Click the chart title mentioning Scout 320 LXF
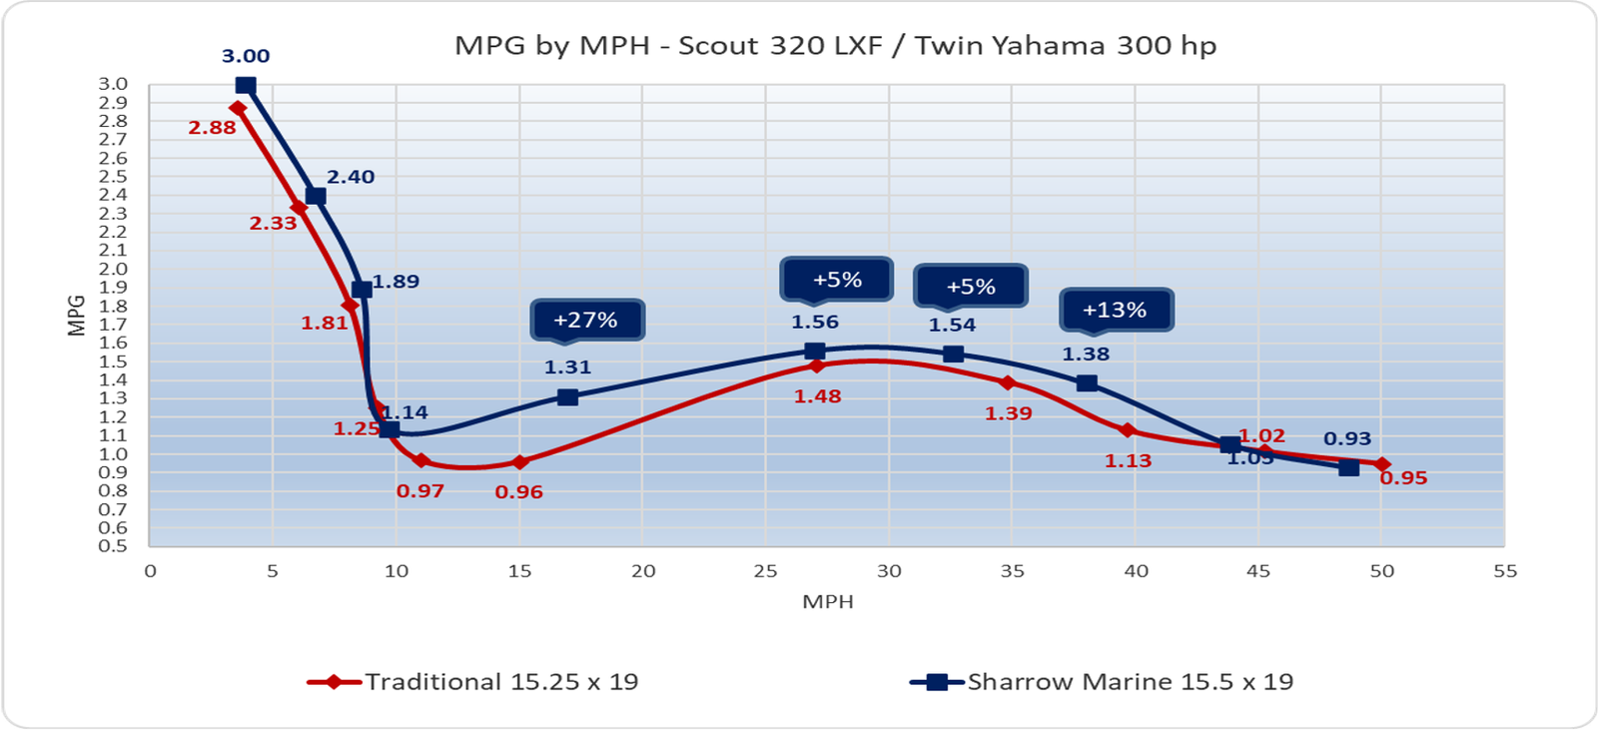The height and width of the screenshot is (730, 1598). [835, 46]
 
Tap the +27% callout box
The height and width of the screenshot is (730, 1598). [586, 320]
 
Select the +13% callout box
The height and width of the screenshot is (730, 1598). [1115, 310]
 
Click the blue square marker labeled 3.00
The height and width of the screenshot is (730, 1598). [246, 86]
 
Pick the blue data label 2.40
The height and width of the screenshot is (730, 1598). [351, 177]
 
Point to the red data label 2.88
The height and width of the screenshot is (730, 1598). [212, 128]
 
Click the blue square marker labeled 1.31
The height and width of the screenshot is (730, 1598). [567, 396]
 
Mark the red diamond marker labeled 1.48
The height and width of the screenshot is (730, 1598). [817, 365]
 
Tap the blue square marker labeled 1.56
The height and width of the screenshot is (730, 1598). [815, 351]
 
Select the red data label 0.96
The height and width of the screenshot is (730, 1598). [519, 492]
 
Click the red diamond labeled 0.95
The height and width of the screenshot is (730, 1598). [1382, 464]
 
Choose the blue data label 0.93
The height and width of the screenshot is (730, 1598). [1347, 438]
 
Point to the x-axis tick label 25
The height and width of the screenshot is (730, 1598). [765, 571]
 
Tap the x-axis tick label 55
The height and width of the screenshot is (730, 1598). [1504, 571]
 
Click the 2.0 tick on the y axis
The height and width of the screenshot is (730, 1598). [113, 269]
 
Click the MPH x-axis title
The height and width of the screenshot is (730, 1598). [828, 602]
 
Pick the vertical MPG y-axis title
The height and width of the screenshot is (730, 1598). [76, 315]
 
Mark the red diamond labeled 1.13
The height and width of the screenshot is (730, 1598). [1128, 430]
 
